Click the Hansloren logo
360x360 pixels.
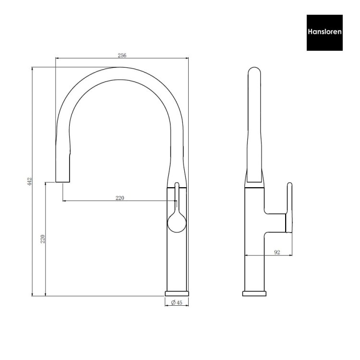[324, 33]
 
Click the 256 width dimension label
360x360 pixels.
[122, 56]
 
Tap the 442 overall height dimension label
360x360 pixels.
[29, 181]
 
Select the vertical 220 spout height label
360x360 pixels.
[43, 239]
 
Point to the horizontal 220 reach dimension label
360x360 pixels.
[120, 197]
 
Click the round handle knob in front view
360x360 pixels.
[177, 224]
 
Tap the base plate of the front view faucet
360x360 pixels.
[177, 293]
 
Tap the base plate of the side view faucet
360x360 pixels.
[255, 293]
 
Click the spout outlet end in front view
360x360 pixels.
[63, 181]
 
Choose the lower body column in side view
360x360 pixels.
[255, 264]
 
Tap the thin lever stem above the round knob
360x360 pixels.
[177, 197]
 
